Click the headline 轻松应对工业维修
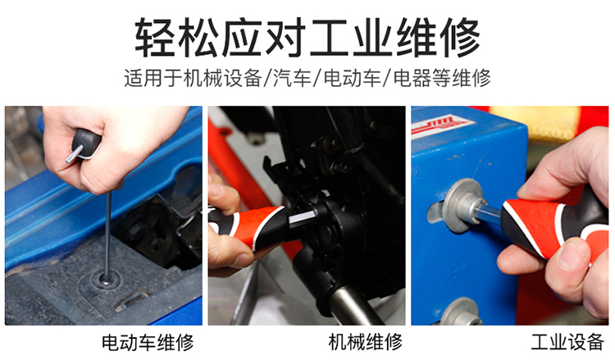pos(307,38)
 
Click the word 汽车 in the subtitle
pos(292,78)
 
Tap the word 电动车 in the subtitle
pos(353,78)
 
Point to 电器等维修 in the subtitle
pos(442,78)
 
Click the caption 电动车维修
pos(148,342)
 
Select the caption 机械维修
pos(366,342)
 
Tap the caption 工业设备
pos(567,342)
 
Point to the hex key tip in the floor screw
pos(107,279)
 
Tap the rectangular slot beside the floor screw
pos(131,300)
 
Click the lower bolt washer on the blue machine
pos(462,312)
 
